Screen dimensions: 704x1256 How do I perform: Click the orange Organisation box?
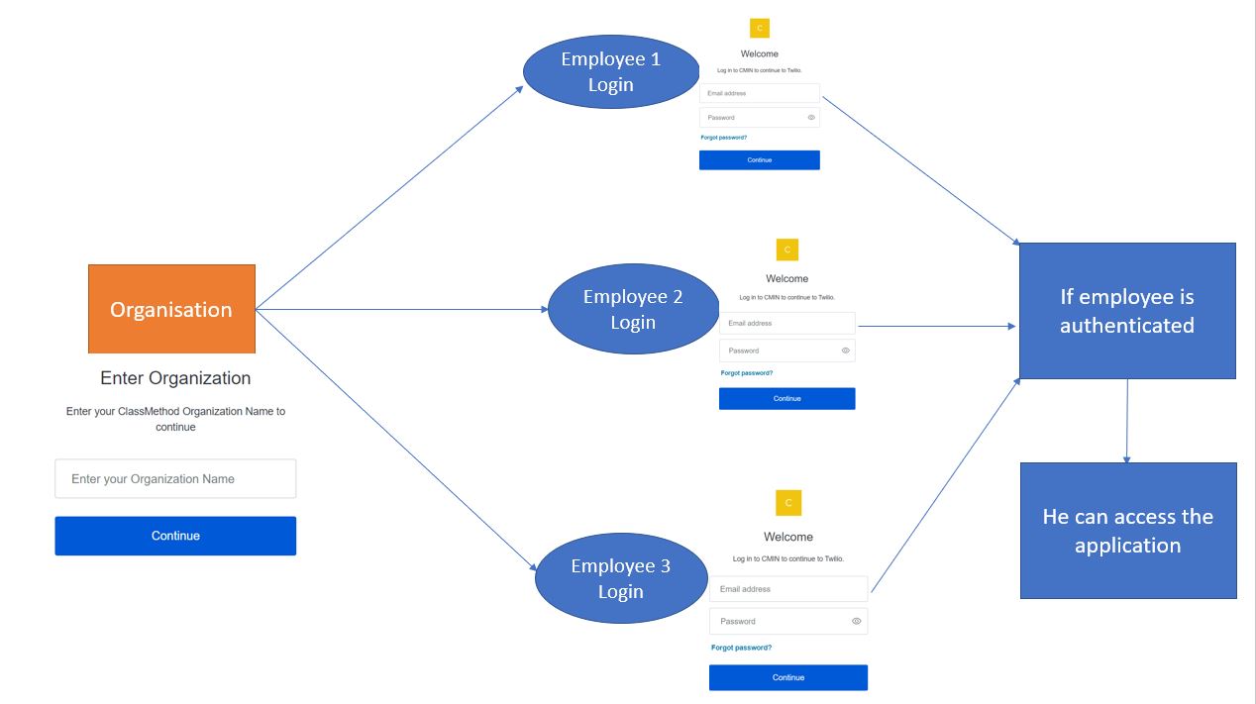(x=171, y=309)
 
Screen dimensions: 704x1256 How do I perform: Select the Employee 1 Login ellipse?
(x=610, y=72)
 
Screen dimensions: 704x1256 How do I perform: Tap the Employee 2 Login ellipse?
(x=633, y=310)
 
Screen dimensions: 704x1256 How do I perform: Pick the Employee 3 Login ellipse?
(x=620, y=579)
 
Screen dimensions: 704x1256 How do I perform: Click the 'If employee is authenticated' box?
(x=1127, y=311)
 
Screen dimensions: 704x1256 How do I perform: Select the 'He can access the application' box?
(x=1128, y=531)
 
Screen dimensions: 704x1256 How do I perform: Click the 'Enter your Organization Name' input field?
(x=175, y=478)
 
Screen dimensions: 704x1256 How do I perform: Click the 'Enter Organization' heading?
(x=175, y=378)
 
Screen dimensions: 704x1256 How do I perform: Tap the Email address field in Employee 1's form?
(x=760, y=93)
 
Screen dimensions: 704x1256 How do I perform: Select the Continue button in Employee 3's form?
(x=788, y=677)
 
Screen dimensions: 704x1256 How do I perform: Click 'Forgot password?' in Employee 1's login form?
(x=724, y=138)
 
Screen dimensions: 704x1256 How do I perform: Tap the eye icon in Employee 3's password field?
(x=857, y=622)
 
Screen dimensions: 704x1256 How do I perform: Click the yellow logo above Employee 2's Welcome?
(x=787, y=250)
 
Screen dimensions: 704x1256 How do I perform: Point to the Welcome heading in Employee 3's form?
(x=788, y=537)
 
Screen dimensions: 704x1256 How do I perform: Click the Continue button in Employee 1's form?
(x=760, y=160)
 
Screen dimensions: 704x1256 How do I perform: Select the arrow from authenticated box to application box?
(x=1126, y=421)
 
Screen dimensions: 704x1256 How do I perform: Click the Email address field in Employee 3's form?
(x=788, y=589)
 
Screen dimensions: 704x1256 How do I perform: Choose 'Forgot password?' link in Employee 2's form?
(x=747, y=373)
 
